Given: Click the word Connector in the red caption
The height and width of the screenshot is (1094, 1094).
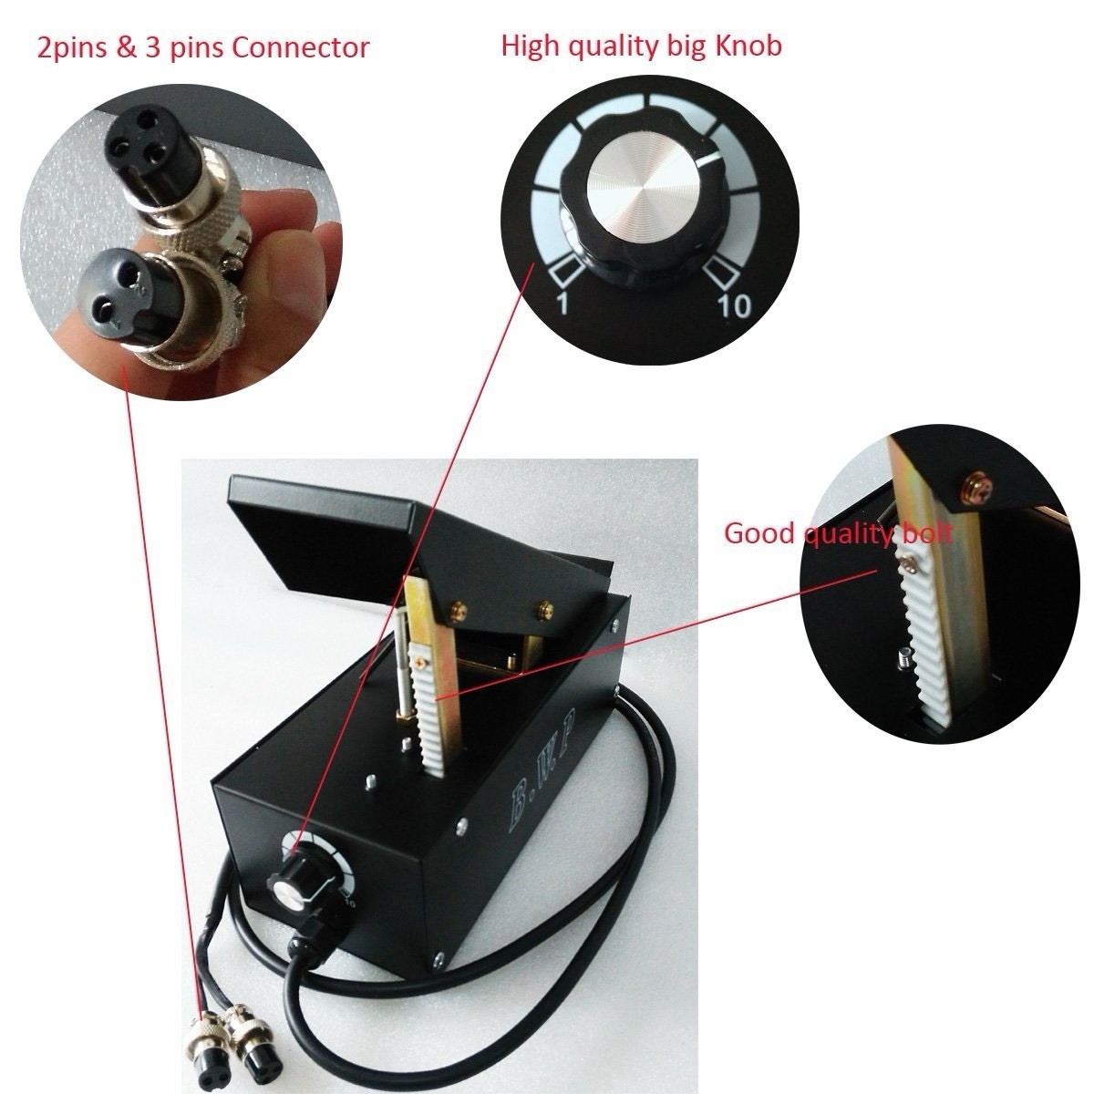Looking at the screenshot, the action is (300, 48).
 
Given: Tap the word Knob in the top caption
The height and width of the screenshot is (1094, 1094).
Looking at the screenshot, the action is (748, 46).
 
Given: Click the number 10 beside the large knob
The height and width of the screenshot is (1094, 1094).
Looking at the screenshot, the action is (735, 306).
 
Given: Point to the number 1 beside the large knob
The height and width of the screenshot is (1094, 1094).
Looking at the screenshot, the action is (562, 304).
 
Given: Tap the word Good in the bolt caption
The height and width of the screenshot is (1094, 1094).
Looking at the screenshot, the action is (759, 533).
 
